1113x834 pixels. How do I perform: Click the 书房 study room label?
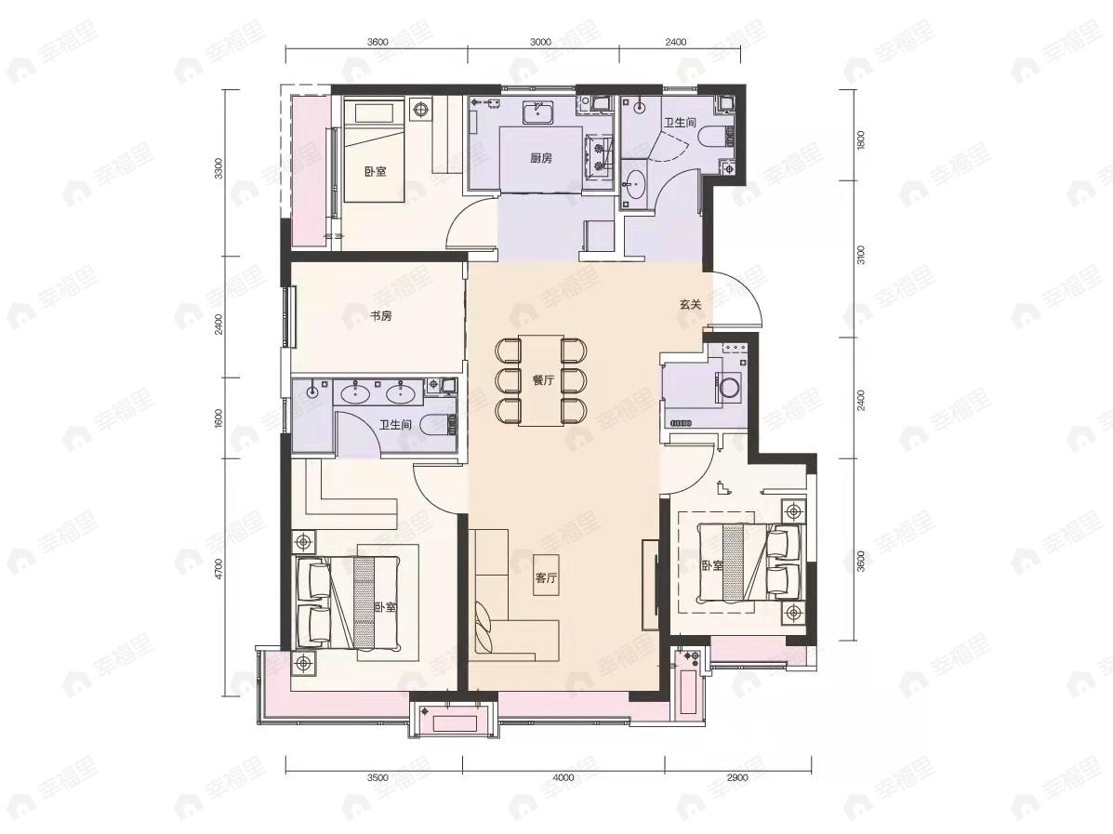click(x=380, y=316)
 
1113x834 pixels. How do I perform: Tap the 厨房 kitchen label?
click(x=541, y=158)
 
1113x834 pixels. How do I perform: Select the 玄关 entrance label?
click(x=689, y=304)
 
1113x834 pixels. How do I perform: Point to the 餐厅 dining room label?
click(x=543, y=380)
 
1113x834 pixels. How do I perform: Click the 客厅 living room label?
click(x=547, y=578)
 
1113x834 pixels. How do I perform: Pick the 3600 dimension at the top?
click(x=377, y=42)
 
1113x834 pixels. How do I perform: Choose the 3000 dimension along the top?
click(x=541, y=42)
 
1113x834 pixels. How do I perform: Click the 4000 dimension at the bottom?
click(x=563, y=776)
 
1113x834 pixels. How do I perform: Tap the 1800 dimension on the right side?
click(x=861, y=139)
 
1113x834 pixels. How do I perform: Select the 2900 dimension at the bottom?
click(x=737, y=776)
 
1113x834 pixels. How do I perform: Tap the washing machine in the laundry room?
click(x=730, y=387)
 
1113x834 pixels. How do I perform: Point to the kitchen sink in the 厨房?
click(x=538, y=113)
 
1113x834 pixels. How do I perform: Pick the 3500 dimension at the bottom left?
click(x=377, y=776)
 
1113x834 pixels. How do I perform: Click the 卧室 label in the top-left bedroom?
click(x=376, y=171)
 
